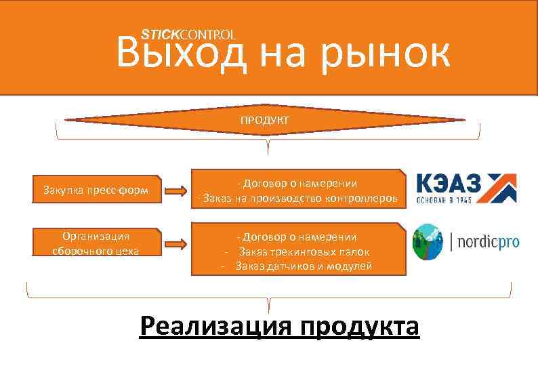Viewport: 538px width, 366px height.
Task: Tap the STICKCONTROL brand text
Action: click(188, 34)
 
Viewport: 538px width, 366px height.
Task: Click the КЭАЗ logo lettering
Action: click(448, 182)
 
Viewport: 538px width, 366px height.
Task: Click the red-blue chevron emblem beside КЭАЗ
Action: click(500, 188)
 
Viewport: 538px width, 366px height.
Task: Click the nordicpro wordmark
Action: click(489, 242)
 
